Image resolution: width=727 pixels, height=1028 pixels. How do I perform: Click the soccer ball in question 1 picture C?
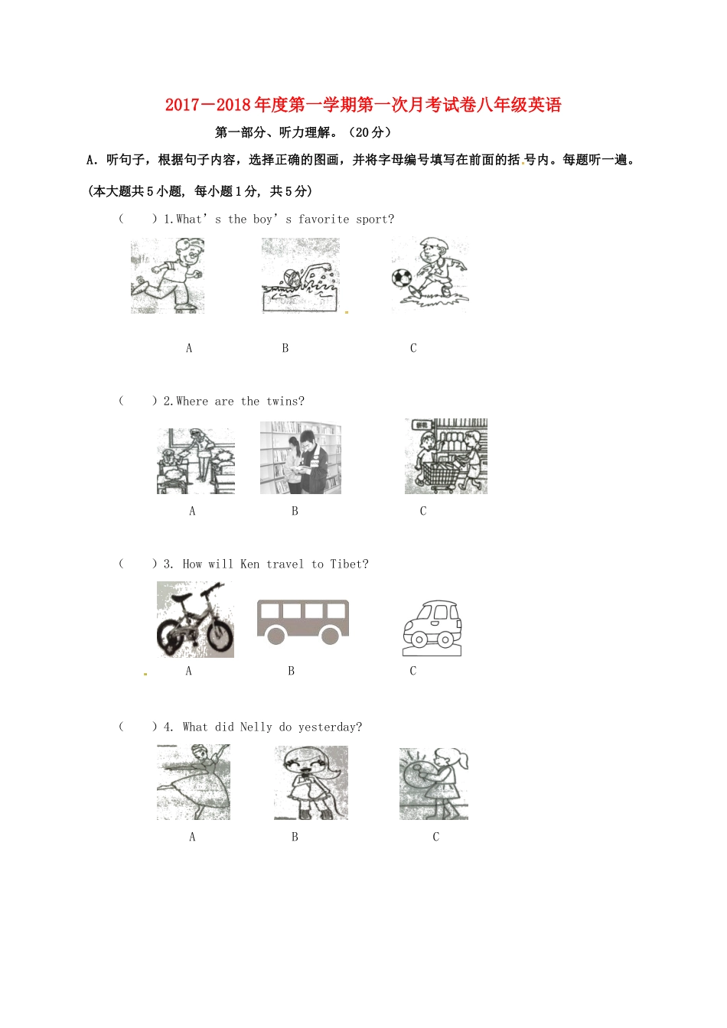point(402,277)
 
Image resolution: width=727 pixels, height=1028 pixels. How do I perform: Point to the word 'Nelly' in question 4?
point(256,727)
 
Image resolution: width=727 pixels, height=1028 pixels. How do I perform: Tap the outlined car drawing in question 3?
point(432,629)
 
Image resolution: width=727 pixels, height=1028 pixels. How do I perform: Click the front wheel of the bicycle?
point(220,636)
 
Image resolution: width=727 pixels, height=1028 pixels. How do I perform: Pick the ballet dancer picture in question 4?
point(194,782)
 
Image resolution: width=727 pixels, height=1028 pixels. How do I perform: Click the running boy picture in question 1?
point(168,275)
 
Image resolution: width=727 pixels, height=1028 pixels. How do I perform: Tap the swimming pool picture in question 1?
point(301,277)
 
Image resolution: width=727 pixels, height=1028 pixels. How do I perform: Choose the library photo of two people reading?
point(301,458)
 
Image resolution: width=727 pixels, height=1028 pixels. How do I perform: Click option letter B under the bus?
point(291,672)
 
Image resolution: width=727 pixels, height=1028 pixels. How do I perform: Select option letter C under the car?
point(413,672)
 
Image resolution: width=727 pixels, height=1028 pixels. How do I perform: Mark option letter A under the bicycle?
point(189,672)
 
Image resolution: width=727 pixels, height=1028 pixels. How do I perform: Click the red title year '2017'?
point(182,106)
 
